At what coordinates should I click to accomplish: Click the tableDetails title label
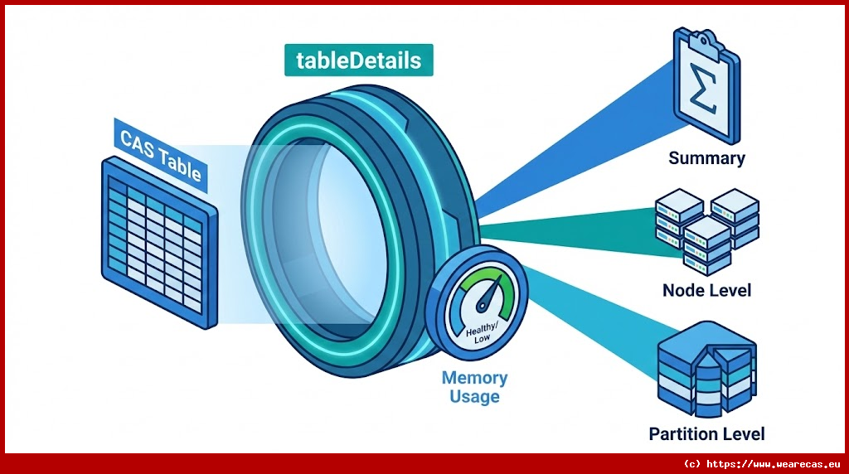tap(358, 60)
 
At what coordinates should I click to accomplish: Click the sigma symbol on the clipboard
tap(704, 94)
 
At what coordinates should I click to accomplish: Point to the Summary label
tap(706, 157)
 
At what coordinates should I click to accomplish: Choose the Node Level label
tap(706, 290)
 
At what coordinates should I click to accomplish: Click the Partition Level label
tap(706, 433)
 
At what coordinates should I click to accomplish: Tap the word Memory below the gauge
tap(474, 378)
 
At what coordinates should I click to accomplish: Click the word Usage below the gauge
tap(474, 396)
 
